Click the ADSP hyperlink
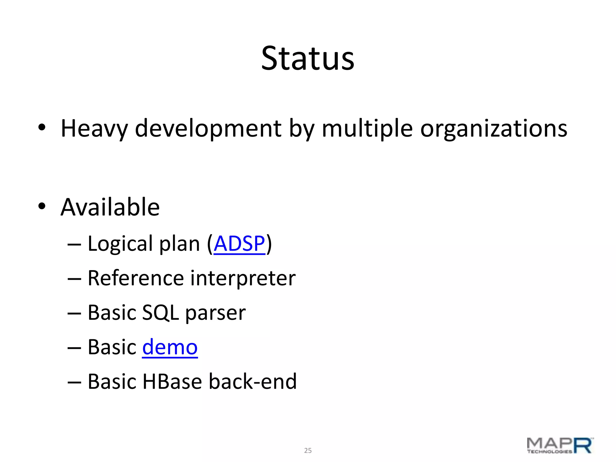[239, 244]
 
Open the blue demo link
[170, 347]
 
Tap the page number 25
[308, 450]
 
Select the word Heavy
[94, 129]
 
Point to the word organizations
[494, 129]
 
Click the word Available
[110, 207]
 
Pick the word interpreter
[243, 278]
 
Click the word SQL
[160, 313]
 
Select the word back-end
[253, 381]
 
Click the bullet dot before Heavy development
[42, 128]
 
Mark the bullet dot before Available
[42, 206]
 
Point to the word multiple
[367, 129]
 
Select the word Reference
[136, 278]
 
